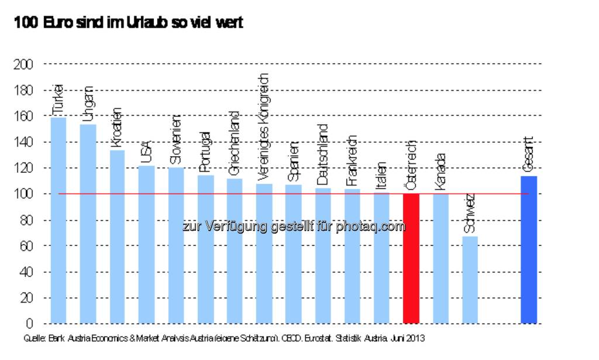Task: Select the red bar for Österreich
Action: point(411,258)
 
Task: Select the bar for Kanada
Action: point(440,258)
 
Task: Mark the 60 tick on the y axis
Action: point(27,246)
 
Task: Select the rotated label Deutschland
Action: point(322,155)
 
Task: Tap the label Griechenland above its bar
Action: point(234,144)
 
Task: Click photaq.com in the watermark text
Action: point(375,227)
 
